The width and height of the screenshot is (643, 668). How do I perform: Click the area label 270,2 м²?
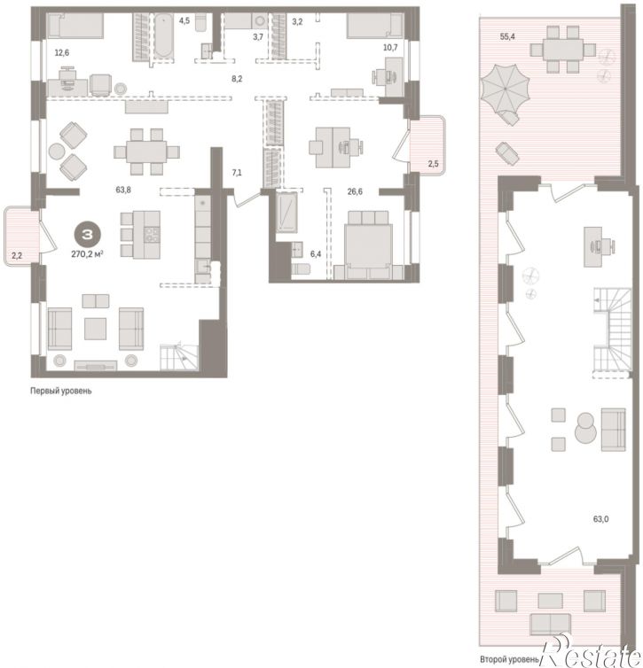click(x=87, y=254)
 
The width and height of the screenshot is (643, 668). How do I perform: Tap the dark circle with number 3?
click(x=88, y=234)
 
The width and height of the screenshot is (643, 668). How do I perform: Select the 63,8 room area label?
click(x=123, y=190)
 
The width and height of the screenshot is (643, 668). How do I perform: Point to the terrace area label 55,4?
click(x=507, y=36)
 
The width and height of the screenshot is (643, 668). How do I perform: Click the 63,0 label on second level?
click(x=600, y=519)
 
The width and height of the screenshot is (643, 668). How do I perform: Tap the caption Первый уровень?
click(x=61, y=391)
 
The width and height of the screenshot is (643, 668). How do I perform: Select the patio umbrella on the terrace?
click(x=506, y=89)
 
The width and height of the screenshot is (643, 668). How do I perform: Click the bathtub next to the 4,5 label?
click(x=163, y=35)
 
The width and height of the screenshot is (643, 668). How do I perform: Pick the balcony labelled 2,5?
click(x=427, y=144)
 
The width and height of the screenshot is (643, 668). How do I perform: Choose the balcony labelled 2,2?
click(x=21, y=237)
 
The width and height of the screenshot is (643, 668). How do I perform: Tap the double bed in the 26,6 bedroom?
click(x=368, y=245)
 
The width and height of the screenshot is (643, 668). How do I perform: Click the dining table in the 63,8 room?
click(x=146, y=151)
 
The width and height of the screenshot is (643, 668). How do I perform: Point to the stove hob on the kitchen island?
click(x=153, y=235)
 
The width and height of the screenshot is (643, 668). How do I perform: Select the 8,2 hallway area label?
click(x=237, y=79)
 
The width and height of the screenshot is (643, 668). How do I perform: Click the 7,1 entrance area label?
click(x=237, y=173)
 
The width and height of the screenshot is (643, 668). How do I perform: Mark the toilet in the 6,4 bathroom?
click(x=301, y=269)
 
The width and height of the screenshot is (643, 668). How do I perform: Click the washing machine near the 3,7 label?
click(x=259, y=21)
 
